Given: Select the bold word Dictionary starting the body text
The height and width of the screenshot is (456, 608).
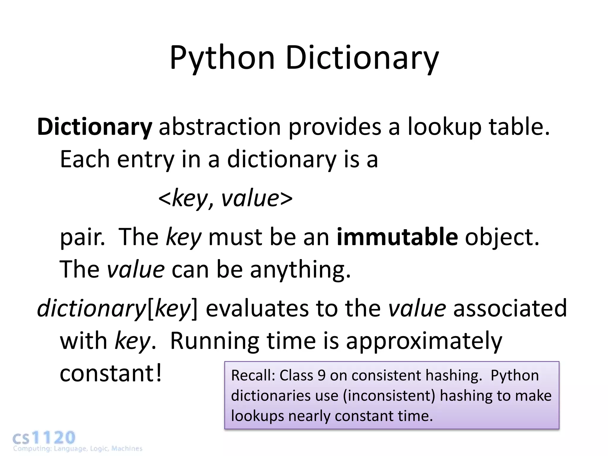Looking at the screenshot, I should pos(94,127).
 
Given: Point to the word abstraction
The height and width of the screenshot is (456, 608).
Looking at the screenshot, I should pos(220,127).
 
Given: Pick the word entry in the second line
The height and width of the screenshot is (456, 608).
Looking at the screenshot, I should pos(145,159).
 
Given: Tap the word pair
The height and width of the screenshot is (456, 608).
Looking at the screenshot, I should pos(82,237).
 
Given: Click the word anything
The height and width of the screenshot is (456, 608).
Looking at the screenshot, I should pos(300,270).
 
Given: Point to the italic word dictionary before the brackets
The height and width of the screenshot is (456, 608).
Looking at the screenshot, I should pos(91,308).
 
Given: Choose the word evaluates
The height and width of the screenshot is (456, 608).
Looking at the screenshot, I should pos(257,308).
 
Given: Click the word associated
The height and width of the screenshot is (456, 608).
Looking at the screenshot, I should pos(510,308).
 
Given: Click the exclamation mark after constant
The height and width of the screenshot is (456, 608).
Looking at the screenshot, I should pos(159,373).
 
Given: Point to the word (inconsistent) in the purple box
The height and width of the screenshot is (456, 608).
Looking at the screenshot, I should pos(389,396).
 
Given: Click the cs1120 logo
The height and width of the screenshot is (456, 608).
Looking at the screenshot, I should pos(45,439).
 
